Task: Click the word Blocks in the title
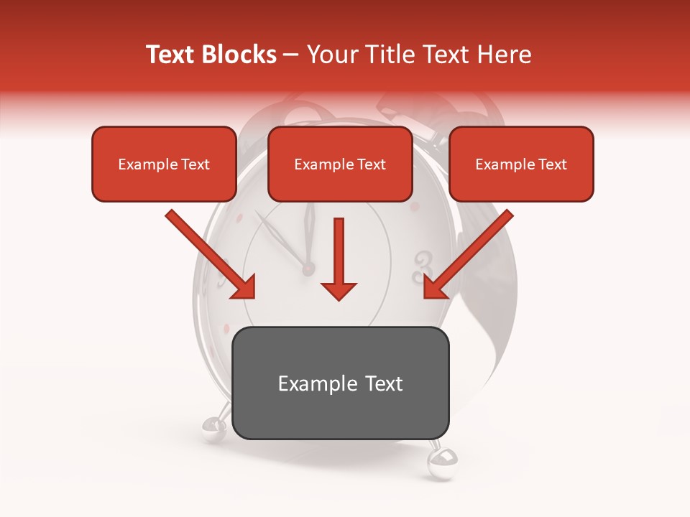tap(240, 55)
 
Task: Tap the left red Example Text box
tap(164, 164)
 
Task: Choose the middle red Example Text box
tap(340, 164)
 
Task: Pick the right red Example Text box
tap(521, 164)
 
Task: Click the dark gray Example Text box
tap(341, 383)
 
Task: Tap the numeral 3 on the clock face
tap(423, 267)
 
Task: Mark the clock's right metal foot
tap(439, 460)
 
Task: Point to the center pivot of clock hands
tap(308, 269)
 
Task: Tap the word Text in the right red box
tap(552, 164)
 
